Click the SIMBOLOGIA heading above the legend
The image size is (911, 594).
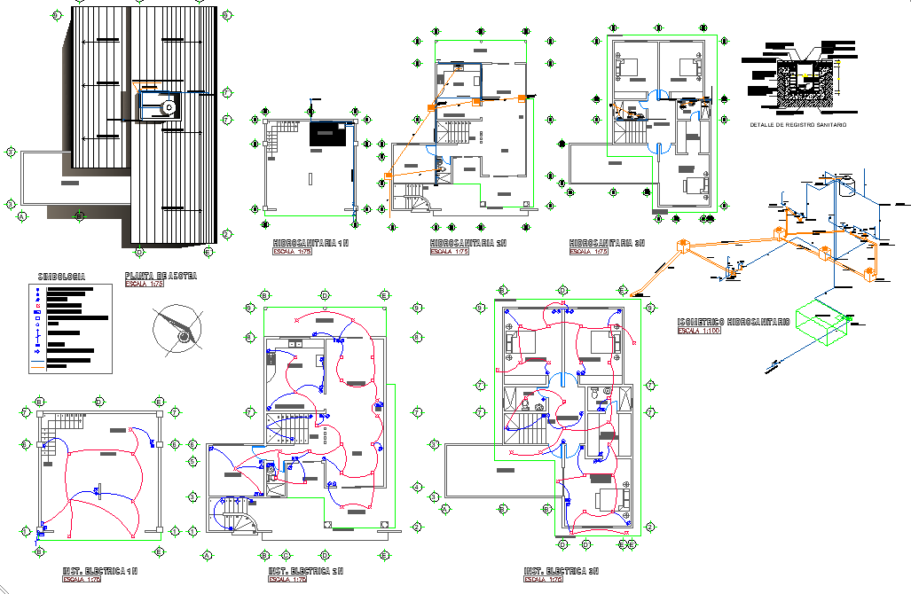point(62,277)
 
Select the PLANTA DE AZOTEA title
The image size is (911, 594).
point(161,277)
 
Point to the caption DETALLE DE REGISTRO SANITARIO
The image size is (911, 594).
point(797,125)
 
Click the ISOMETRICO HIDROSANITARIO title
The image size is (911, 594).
point(733,322)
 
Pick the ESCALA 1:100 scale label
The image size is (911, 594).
point(700,331)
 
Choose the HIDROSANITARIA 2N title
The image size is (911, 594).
point(467,242)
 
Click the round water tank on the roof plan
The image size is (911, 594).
point(169,108)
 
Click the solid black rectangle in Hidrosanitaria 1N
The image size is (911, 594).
point(328,134)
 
